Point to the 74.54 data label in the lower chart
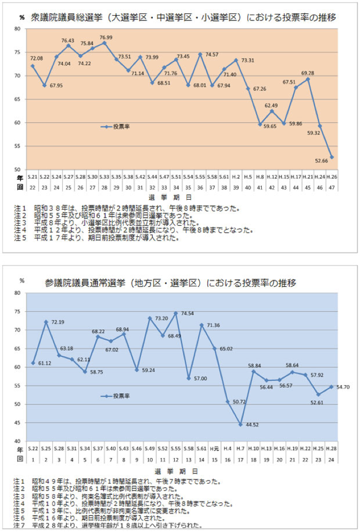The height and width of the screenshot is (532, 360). [x=187, y=313]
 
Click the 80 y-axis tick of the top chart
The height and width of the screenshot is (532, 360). [x=17, y=29]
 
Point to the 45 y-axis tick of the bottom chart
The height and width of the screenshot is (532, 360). [x=17, y=422]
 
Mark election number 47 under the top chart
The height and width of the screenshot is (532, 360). [x=331, y=187]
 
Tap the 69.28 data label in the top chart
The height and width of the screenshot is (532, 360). [x=308, y=73]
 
